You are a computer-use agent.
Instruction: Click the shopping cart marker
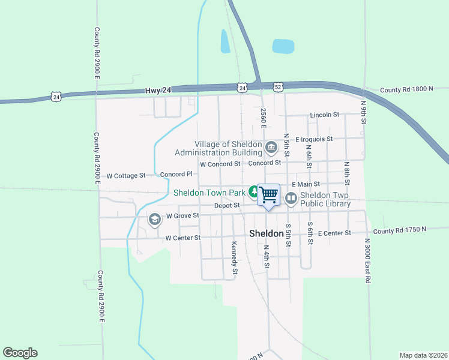pyautogui.click(x=268, y=194)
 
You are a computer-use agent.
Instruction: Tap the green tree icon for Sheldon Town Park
pyautogui.click(x=255, y=193)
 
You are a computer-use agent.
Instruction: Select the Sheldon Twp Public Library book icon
pyautogui.click(x=291, y=197)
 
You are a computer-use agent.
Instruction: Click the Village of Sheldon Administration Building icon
pyautogui.click(x=271, y=147)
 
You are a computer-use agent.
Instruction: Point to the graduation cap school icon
pyautogui.click(x=154, y=220)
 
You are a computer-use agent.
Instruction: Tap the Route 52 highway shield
pyautogui.click(x=277, y=87)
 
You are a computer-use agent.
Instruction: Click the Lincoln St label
pyautogui.click(x=325, y=115)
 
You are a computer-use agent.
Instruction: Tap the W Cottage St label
pyautogui.click(x=126, y=176)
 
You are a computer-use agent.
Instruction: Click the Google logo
pyautogui.click(x=20, y=353)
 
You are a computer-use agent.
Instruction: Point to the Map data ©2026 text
pyautogui.click(x=423, y=355)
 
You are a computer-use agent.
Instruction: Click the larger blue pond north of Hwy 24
pyautogui.click(x=283, y=46)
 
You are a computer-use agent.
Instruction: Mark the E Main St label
pyautogui.click(x=306, y=184)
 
